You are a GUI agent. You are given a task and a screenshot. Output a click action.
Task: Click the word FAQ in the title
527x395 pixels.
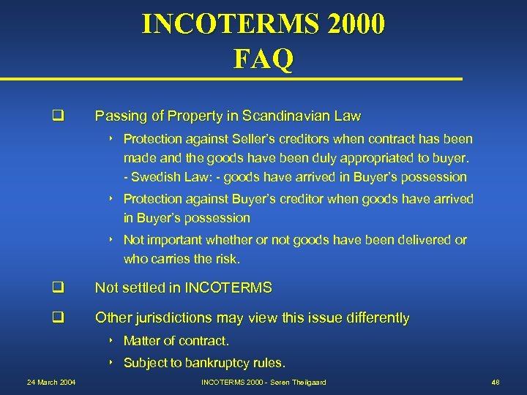tap(263, 58)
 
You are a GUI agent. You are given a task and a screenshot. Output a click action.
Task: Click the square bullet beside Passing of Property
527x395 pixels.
tap(55, 116)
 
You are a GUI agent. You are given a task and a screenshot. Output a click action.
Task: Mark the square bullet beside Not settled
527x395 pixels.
tap(55, 288)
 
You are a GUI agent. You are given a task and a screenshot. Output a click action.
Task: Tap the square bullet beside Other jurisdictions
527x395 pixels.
tap(55, 318)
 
